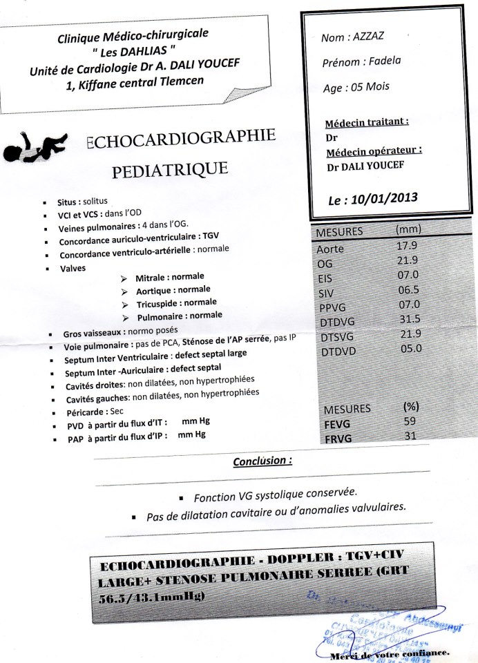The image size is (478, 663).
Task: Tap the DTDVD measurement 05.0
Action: click(x=410, y=348)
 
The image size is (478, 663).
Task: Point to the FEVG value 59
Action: click(x=410, y=421)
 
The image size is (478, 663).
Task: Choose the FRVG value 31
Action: click(x=410, y=434)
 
